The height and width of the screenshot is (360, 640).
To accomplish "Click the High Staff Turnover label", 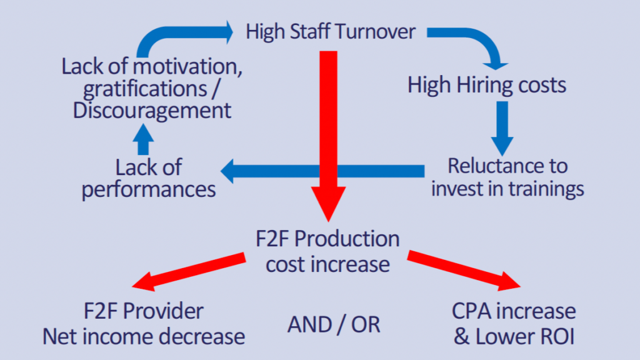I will point(331,32).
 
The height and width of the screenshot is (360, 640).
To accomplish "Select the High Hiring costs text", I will point(487,84).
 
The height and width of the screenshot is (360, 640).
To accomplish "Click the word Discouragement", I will point(152,111).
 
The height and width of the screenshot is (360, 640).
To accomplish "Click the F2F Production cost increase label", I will point(327,251).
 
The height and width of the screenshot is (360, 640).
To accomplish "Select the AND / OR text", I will point(334,324).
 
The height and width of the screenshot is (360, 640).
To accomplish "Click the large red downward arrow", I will point(327,137).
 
